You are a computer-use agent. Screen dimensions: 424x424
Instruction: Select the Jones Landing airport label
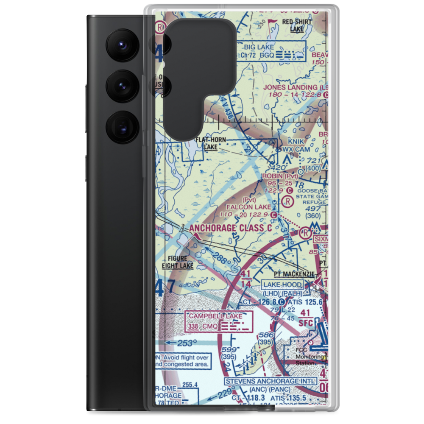click(296, 87)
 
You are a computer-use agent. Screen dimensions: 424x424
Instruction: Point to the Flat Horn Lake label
click(210, 143)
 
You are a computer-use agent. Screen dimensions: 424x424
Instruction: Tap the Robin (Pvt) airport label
click(280, 176)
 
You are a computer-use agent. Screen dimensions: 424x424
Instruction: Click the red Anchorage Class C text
click(236, 228)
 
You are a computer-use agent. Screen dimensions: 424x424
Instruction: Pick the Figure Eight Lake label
click(177, 262)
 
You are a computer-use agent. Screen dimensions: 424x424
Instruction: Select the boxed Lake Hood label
click(282, 285)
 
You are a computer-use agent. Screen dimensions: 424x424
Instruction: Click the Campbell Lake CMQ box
click(218, 321)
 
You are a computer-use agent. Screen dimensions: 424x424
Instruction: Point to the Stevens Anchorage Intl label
click(271, 381)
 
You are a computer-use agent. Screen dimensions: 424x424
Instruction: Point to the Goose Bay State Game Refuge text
click(310, 197)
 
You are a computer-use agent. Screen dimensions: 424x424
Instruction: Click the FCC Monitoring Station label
click(304, 357)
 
